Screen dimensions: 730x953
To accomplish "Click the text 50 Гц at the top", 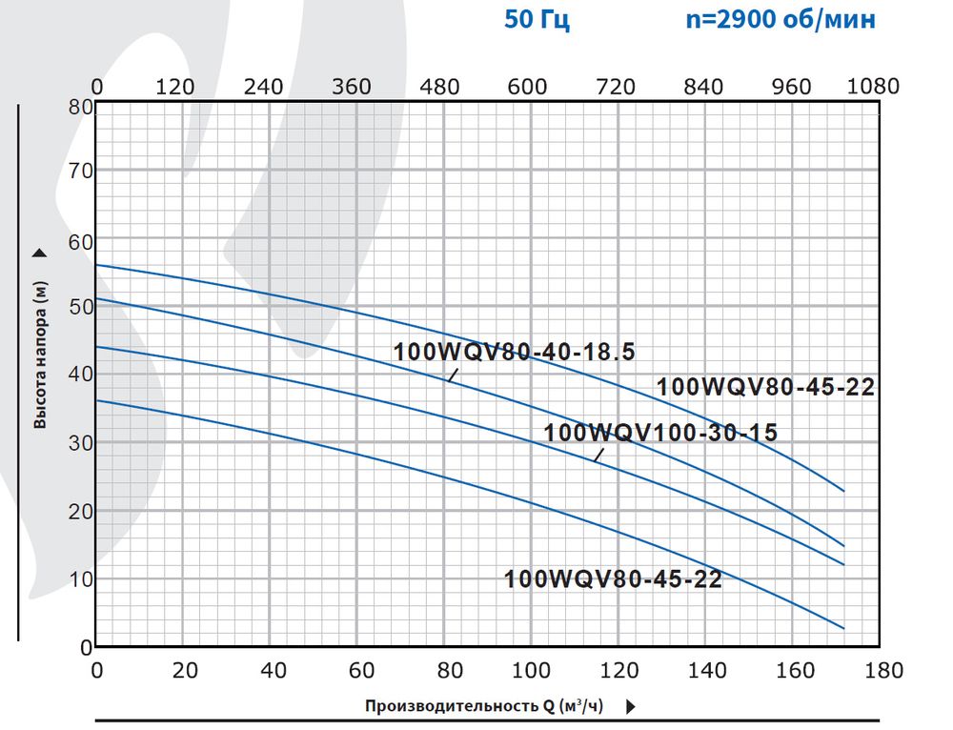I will pos(537,20).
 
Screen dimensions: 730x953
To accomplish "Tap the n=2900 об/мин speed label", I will pos(781,20).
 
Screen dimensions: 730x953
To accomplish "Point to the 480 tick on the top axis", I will pos(439,86).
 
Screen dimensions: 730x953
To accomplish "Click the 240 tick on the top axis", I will pos(263,86).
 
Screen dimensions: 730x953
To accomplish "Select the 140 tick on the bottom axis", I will pos(705,670).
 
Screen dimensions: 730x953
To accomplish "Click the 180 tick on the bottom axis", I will pos(879,670).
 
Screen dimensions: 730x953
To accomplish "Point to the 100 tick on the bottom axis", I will pos(531,670).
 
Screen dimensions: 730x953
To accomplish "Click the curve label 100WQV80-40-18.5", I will pos(514,352).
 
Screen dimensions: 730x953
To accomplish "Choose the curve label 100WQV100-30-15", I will pos(660,433).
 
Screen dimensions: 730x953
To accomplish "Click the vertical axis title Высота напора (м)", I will pos(40,355).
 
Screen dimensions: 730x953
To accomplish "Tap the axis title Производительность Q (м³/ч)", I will pos(483,706).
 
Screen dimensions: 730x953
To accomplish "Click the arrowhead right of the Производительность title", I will pos(631,707).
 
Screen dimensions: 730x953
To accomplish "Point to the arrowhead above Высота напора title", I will pos(40,253).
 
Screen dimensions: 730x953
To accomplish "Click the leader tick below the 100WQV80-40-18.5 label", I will pos(454,375).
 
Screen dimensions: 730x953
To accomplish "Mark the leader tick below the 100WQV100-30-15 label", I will pos(599,455).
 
